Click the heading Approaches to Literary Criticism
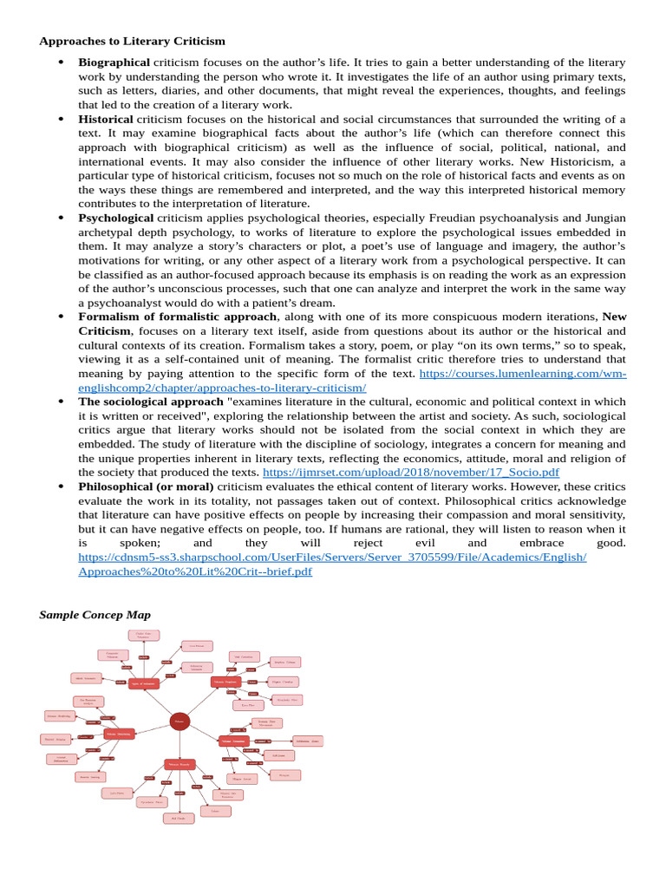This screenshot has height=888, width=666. (x=132, y=41)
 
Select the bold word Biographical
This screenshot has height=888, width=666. (x=114, y=62)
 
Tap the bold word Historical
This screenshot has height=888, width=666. (x=106, y=119)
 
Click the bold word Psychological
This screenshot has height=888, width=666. (x=116, y=218)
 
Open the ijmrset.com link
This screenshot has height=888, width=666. (x=411, y=473)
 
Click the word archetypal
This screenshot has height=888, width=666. (x=109, y=232)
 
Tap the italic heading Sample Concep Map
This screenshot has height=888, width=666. (x=95, y=615)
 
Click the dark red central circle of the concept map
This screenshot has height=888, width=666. (x=180, y=721)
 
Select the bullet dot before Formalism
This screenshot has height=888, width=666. (x=61, y=317)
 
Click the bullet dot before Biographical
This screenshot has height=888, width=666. (x=61, y=62)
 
